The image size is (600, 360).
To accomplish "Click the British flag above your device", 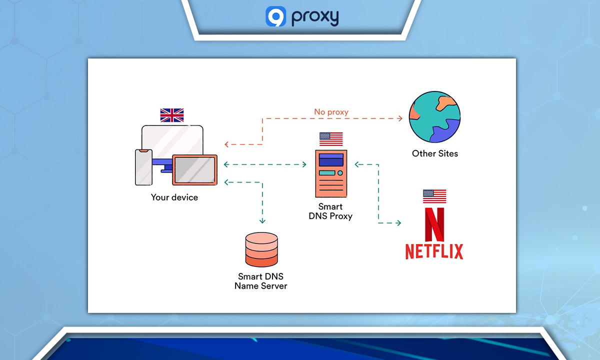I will pos(172,115).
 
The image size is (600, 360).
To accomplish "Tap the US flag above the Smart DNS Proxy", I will pos(331,138).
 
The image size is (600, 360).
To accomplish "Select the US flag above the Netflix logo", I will pos(434,196).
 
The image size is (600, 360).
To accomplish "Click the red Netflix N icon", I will pos(434,224).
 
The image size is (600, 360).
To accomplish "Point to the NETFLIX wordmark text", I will pos(434,251).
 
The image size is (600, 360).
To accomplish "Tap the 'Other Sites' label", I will pos(434,153).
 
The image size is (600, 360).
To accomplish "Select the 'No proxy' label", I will pos(331,112).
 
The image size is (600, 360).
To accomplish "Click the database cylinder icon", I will pos(261,250).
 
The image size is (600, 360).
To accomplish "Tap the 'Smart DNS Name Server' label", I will pos(261,281).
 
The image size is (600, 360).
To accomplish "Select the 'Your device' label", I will pos(174,197).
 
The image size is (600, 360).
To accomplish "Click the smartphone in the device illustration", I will pos(143,167).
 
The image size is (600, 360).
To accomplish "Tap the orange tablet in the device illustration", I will pos(194,170).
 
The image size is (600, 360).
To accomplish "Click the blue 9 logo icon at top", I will pos(275,16).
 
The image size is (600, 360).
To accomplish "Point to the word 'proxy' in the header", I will pos(315,17).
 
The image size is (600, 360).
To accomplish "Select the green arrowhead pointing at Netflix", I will pos(398,223).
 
